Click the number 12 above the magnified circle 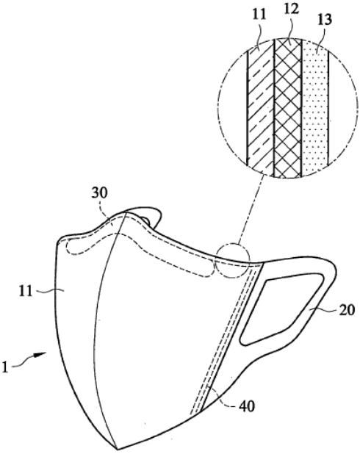pyautogui.click(x=291, y=10)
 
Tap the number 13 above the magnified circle pyautogui.click(x=324, y=21)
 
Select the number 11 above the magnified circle pyautogui.click(x=259, y=15)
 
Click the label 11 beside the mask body pyautogui.click(x=25, y=291)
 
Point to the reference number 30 pyautogui.click(x=99, y=193)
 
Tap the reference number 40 pyautogui.click(x=247, y=407)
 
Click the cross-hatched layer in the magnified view pyautogui.click(x=287, y=107)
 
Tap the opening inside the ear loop pyautogui.click(x=281, y=308)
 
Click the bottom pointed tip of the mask pyautogui.click(x=118, y=450)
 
